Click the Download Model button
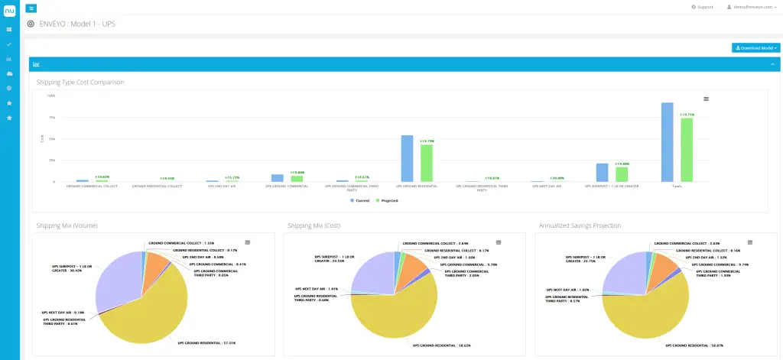tap(755, 47)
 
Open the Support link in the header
tap(701, 7)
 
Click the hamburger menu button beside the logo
tap(31, 8)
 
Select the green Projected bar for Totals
tap(687, 150)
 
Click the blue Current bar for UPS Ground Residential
tap(407, 158)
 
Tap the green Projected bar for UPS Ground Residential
tap(426, 163)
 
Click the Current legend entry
tap(362, 200)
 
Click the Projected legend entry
tap(388, 200)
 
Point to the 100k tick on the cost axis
tap(51, 96)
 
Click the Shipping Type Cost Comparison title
tap(80, 82)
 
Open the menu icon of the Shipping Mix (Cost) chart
tap(498, 242)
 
